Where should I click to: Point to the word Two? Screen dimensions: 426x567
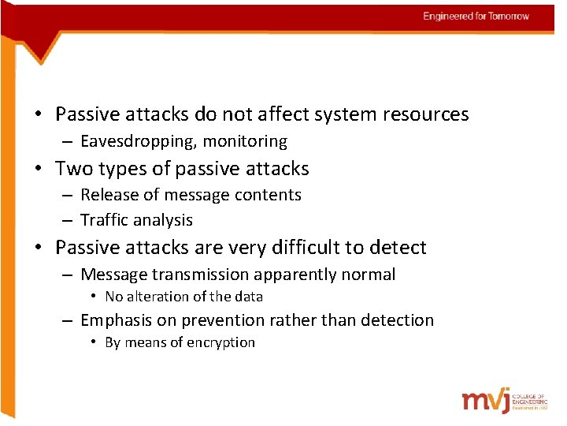click(73, 169)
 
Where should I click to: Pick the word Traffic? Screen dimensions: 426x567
click(105, 220)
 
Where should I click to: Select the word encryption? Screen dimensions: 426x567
click(220, 343)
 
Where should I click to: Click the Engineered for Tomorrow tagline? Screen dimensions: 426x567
click(476, 17)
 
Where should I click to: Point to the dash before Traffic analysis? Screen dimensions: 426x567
click(69, 220)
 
